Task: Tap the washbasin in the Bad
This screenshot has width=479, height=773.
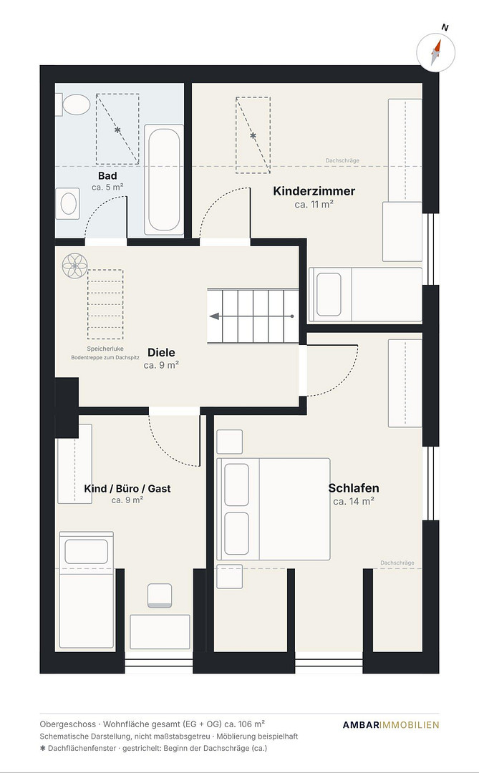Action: click(67, 203)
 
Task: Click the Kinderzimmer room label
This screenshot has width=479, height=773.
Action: click(314, 191)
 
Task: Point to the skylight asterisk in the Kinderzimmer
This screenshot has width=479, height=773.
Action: click(253, 135)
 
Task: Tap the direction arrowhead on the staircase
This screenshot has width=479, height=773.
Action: click(215, 316)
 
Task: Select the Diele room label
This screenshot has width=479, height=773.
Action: click(161, 352)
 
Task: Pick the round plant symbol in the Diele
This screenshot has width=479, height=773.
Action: click(74, 266)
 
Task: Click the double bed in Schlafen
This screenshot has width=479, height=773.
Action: click(274, 509)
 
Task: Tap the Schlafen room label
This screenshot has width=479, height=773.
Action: click(354, 488)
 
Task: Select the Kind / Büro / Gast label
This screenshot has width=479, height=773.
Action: click(127, 489)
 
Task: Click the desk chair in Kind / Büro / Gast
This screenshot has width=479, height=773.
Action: click(160, 595)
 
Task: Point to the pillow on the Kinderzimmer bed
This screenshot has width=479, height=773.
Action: click(329, 294)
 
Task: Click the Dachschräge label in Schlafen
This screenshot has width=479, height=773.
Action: click(397, 563)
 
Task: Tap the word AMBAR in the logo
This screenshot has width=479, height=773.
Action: click(361, 724)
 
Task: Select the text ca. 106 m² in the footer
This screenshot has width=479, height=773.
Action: click(245, 724)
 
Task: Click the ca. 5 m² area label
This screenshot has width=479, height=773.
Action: click(107, 188)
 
